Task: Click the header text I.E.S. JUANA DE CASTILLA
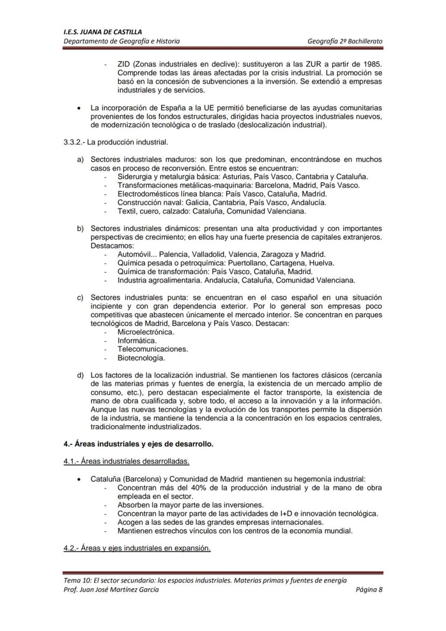point(97,32)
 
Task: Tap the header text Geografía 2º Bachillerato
point(345,41)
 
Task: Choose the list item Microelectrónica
point(146,332)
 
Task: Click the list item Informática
point(137,341)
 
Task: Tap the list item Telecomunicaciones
point(153,349)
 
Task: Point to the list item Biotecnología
point(141,358)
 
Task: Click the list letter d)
point(80,375)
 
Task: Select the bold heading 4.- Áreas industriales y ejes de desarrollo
point(138,444)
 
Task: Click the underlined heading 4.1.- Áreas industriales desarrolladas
point(127,461)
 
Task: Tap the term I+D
point(295,514)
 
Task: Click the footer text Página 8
point(369,590)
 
